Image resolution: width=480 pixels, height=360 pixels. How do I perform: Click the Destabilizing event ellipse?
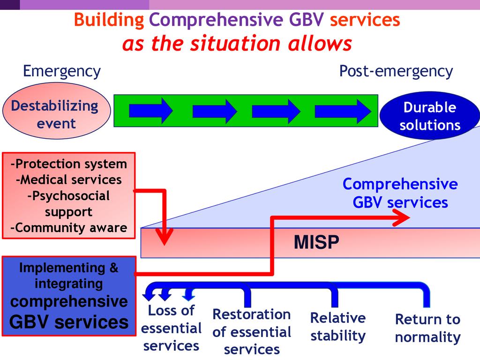click(56, 115)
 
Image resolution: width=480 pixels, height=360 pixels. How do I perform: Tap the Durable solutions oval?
click(429, 116)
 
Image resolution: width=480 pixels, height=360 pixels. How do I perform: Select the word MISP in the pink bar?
click(316, 243)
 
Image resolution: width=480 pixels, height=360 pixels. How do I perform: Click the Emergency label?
click(61, 71)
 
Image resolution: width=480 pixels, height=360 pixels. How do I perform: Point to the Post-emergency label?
click(396, 71)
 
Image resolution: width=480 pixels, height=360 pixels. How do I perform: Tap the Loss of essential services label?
click(171, 328)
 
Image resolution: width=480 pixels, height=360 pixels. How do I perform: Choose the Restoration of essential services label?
click(252, 332)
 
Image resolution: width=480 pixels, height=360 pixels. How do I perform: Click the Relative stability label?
click(337, 327)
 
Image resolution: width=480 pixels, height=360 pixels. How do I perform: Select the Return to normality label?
click(427, 328)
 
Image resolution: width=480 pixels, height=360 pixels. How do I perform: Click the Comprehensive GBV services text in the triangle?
click(400, 193)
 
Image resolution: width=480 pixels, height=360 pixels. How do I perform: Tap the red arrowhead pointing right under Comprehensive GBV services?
click(402, 217)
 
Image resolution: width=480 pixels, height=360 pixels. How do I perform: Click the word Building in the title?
click(109, 20)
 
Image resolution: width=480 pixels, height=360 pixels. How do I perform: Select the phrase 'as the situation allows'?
click(237, 44)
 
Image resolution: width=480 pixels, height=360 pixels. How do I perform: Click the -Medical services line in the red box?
click(68, 180)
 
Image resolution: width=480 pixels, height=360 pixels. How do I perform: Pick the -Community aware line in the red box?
click(68, 228)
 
